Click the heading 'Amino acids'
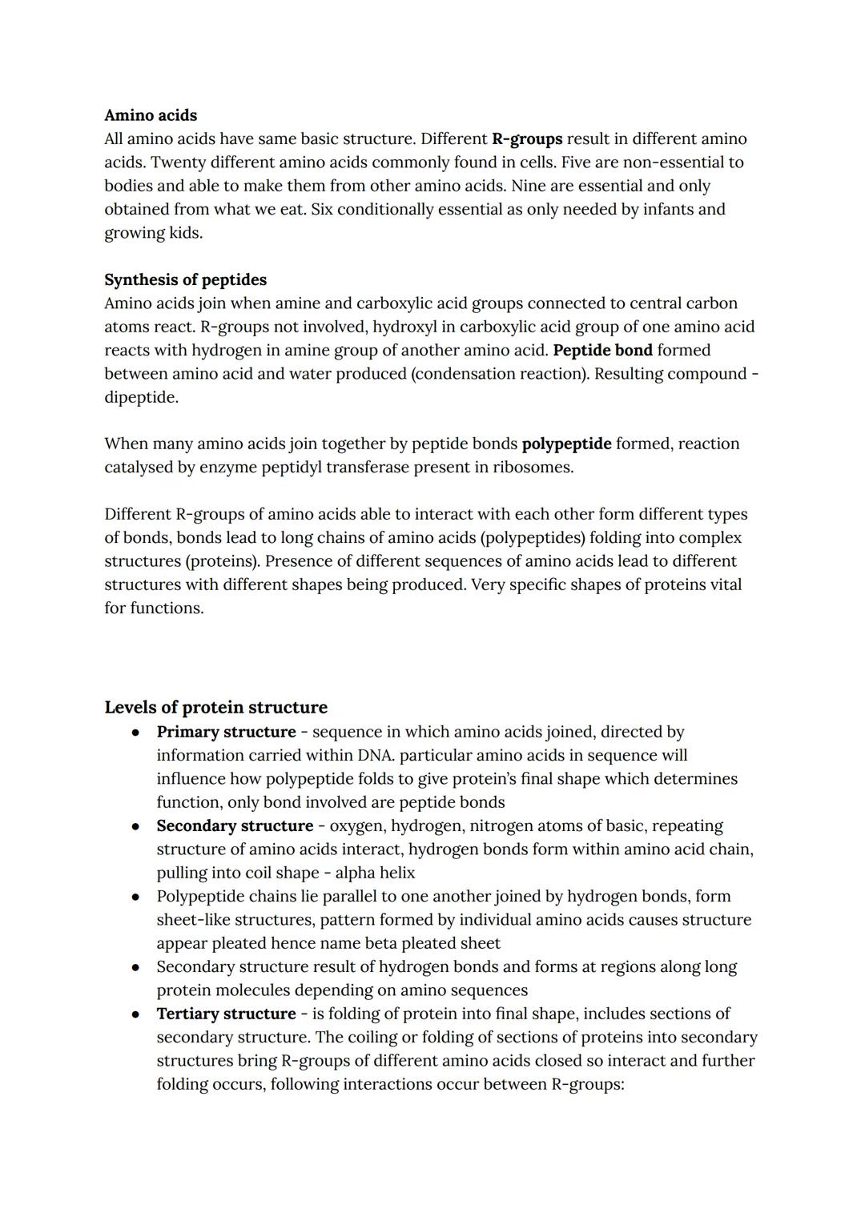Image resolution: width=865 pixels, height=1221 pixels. (x=151, y=115)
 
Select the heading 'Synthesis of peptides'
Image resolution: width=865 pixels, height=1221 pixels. (x=185, y=279)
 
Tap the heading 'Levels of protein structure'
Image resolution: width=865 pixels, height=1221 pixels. (x=215, y=707)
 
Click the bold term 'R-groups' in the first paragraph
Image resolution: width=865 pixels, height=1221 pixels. (x=527, y=139)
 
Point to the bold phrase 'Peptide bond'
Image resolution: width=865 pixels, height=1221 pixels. (x=602, y=350)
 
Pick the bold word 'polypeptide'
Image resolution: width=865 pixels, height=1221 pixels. (x=566, y=444)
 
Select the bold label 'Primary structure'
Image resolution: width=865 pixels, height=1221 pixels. (x=226, y=732)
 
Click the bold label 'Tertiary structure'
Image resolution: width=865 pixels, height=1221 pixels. (x=226, y=1014)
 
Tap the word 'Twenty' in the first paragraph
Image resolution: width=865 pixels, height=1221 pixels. (x=178, y=163)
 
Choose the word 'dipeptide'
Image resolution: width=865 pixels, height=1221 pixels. (x=140, y=397)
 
